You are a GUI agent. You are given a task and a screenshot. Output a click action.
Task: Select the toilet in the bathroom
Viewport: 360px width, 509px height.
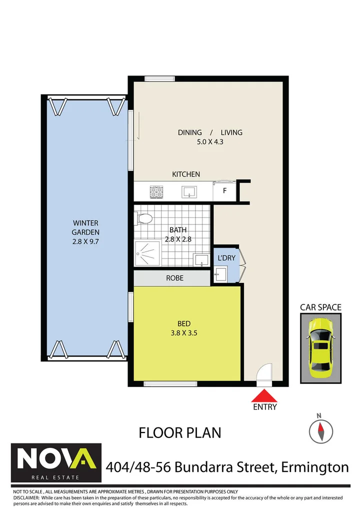(x=144, y=218)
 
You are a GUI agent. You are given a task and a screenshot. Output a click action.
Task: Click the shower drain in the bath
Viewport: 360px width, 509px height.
(x=148, y=253)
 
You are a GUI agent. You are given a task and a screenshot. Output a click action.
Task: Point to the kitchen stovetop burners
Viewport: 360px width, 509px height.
(x=155, y=190)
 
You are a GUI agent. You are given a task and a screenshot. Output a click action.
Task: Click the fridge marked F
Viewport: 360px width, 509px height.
(x=224, y=190)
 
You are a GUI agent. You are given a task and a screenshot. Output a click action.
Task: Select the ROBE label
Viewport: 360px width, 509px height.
(x=174, y=277)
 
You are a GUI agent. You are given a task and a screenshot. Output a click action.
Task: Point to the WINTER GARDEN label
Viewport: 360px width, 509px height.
(x=85, y=227)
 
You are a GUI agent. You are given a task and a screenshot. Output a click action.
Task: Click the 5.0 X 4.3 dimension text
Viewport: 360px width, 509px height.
(x=210, y=142)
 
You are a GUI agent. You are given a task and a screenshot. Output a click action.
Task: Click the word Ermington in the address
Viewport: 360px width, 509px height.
(x=315, y=467)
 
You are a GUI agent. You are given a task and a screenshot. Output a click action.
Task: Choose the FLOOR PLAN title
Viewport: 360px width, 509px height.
(x=180, y=432)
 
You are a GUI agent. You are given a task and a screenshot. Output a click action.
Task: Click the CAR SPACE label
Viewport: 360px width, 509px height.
(x=320, y=307)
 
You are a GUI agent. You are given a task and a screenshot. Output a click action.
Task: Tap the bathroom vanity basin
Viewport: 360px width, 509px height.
(x=201, y=260)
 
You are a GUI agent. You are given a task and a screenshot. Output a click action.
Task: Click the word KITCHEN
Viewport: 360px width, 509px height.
(x=186, y=174)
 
